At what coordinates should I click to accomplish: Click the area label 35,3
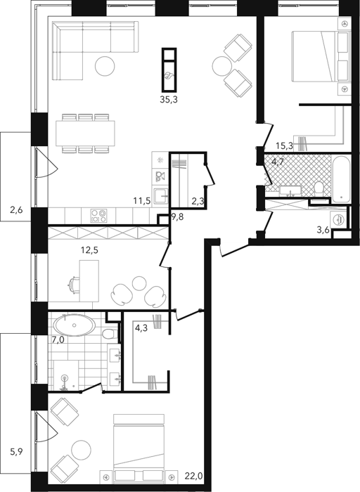coord(169,100)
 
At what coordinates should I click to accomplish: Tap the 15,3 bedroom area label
coord(284,145)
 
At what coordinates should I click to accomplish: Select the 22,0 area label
coord(193,476)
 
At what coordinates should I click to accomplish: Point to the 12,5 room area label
coord(90,250)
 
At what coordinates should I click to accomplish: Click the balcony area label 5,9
coord(16,452)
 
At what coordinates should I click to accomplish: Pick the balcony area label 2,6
coord(16,210)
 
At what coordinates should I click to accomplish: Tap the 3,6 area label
coord(323,230)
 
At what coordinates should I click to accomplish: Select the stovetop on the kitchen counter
coord(98,216)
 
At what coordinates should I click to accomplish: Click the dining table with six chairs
coord(85,134)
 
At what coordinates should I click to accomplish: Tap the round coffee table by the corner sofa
coord(105,66)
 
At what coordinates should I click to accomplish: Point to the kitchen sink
coord(160,196)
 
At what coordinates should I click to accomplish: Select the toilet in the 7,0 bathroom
coord(109,334)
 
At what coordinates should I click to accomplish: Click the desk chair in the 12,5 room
coord(73,285)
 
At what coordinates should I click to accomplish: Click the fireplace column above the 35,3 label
coord(169,69)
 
